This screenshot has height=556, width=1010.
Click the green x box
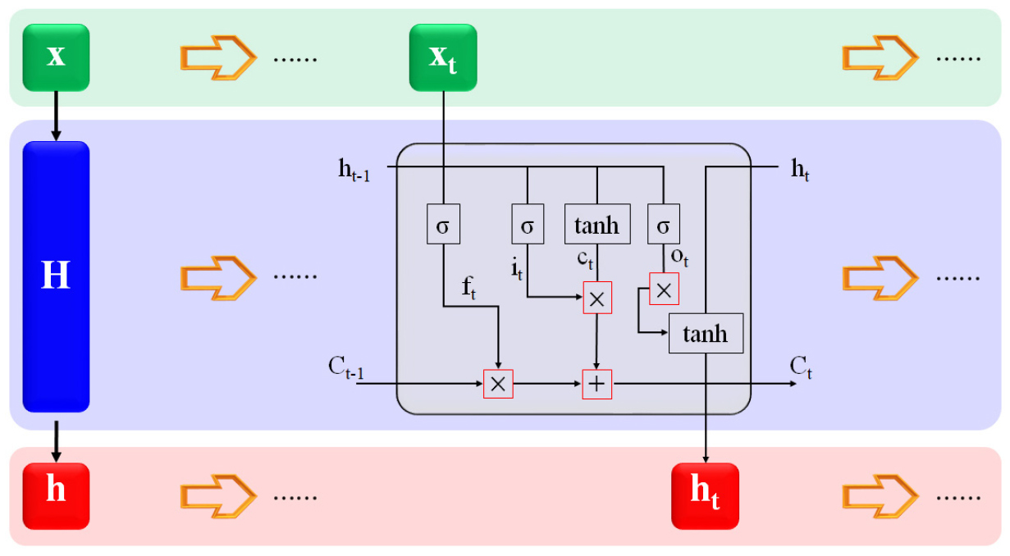[56, 57]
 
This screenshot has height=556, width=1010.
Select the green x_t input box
[443, 57]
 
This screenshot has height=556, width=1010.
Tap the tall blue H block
[56, 276]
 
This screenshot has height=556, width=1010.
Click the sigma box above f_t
[443, 226]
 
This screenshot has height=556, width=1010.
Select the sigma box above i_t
[527, 226]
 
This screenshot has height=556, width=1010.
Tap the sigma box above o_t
[663, 226]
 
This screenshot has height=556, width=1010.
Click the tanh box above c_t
[597, 225]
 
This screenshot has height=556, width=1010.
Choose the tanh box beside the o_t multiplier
[706, 334]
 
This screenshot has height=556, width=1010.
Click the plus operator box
[597, 384]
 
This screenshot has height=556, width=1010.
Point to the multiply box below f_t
[498, 384]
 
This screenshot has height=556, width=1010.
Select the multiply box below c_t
[597, 299]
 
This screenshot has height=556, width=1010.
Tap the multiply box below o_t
[664, 289]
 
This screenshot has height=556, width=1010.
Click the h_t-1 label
[353, 170]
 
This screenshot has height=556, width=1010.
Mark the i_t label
[517, 266]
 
